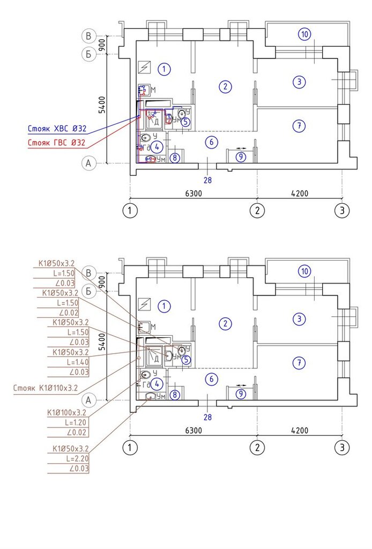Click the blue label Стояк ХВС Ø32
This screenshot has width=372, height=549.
click(x=56, y=129)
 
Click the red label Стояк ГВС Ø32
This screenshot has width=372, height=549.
click(x=56, y=143)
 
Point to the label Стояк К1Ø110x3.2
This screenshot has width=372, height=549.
click(x=46, y=387)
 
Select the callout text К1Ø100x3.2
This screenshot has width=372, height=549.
click(x=66, y=413)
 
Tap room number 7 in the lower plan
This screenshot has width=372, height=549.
click(x=299, y=363)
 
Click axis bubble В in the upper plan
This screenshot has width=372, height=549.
click(x=89, y=36)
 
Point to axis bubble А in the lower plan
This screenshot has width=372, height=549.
click(x=89, y=399)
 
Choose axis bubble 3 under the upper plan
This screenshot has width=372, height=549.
click(x=342, y=210)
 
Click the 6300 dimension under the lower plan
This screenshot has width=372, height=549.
click(x=193, y=431)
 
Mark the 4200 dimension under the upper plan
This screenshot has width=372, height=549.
click(x=299, y=193)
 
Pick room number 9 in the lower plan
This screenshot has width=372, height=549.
click(x=241, y=394)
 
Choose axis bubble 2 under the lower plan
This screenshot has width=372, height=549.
click(x=257, y=448)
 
